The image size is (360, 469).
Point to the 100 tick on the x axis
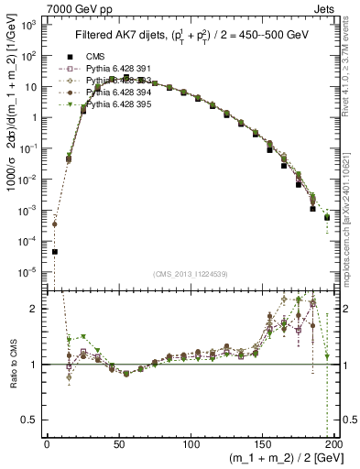click(191, 442)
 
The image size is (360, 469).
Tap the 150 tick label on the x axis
click(263, 442)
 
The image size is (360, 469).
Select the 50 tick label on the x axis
click(119, 442)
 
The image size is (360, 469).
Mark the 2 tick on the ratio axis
click(37, 309)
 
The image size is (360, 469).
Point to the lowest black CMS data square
click(55, 252)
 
